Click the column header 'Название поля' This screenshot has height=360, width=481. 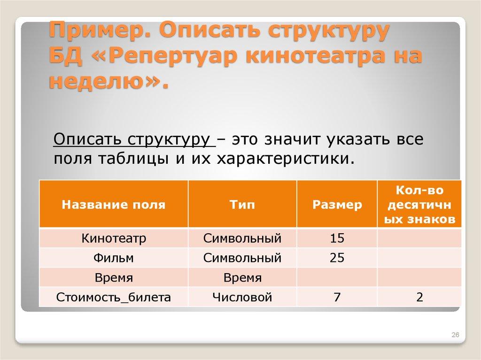[x=114, y=205]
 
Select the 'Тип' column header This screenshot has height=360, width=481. [x=242, y=205]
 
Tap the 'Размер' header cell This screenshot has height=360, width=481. [x=337, y=205]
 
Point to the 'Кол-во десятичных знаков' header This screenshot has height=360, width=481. [x=419, y=205]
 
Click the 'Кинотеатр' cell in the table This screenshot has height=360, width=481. [x=114, y=238]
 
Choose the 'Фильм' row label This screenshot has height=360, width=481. [x=114, y=258]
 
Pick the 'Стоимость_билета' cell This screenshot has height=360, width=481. [x=114, y=297]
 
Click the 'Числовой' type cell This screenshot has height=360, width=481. [x=242, y=297]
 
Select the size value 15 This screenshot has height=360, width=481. [x=337, y=238]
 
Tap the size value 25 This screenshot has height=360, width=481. [x=337, y=258]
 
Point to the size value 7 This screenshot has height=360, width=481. [x=337, y=297]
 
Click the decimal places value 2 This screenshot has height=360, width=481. [x=419, y=297]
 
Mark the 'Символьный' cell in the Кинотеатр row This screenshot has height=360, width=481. [x=242, y=238]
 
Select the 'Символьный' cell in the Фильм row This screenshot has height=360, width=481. [x=242, y=258]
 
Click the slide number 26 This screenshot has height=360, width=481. [x=455, y=335]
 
